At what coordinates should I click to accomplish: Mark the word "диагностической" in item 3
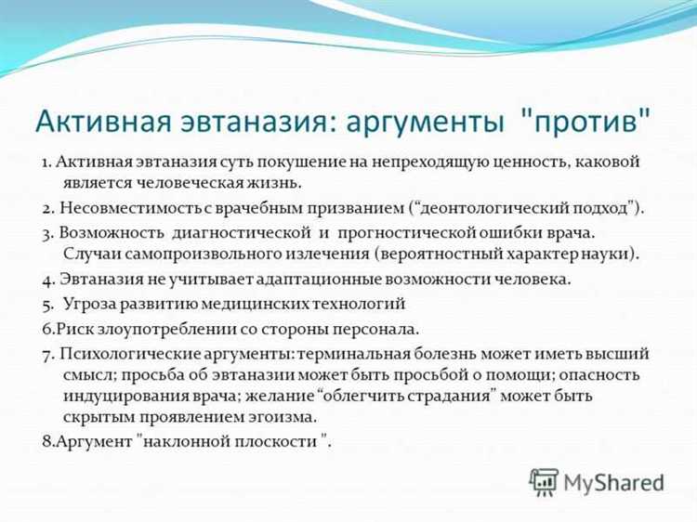click(x=237, y=230)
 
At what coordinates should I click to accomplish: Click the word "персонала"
click(x=376, y=328)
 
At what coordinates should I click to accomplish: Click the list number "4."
click(x=49, y=279)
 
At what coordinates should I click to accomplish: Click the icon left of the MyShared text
click(x=543, y=481)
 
